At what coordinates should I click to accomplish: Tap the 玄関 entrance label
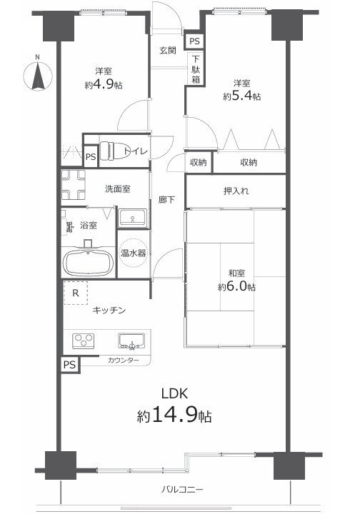tap(168, 50)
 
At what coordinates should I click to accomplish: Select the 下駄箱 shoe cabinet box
tap(195, 70)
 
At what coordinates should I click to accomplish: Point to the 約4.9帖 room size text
tap(103, 84)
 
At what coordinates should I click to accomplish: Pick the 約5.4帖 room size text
tap(241, 96)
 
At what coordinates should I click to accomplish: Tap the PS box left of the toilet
tap(90, 156)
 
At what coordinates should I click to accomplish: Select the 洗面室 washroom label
tap(117, 189)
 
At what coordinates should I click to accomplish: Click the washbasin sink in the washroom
tap(131, 216)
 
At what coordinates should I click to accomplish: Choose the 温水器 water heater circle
tap(132, 253)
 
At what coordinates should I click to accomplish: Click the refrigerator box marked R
tap(76, 293)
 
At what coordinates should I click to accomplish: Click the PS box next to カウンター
tap(69, 364)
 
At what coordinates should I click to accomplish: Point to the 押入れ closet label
tap(236, 191)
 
